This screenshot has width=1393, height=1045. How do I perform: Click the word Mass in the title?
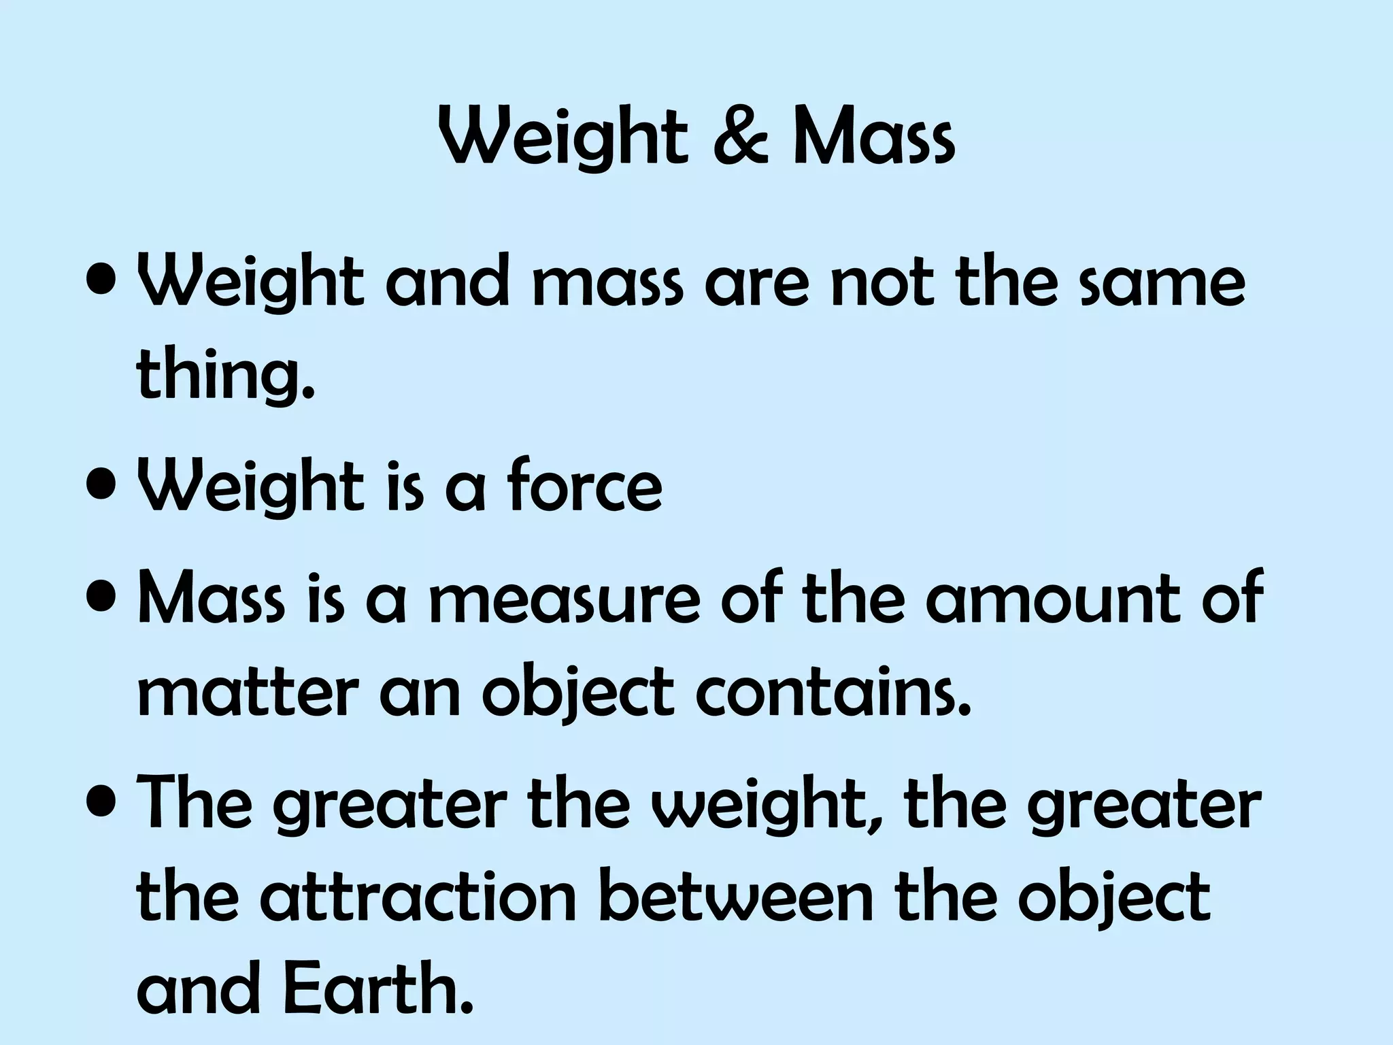[874, 139]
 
